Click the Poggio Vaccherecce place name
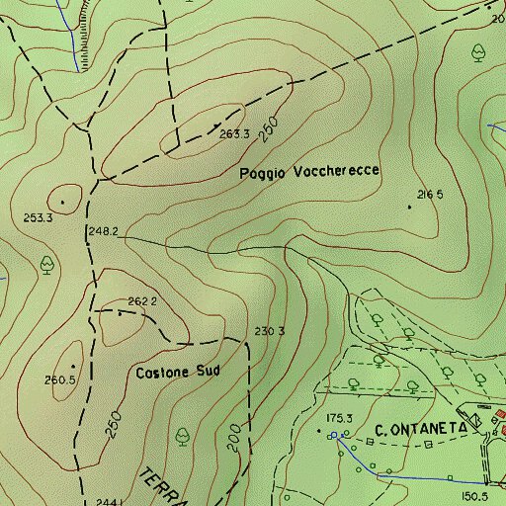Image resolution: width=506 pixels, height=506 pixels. click(309, 172)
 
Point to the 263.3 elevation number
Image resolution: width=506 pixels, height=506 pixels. click(234, 134)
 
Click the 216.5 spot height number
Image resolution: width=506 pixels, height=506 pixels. click(430, 194)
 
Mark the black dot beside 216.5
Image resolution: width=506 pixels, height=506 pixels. click(410, 207)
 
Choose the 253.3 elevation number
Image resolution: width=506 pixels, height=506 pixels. click(38, 217)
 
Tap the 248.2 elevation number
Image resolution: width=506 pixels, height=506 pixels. click(104, 232)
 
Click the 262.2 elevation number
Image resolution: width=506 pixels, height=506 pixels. click(143, 301)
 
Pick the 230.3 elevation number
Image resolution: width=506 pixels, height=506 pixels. click(270, 331)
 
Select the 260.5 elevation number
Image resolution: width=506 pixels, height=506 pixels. click(60, 379)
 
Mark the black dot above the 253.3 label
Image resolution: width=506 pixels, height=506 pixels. click(63, 202)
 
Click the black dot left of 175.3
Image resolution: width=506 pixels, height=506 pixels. click(318, 431)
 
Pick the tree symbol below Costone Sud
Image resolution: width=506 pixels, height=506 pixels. click(182, 434)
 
